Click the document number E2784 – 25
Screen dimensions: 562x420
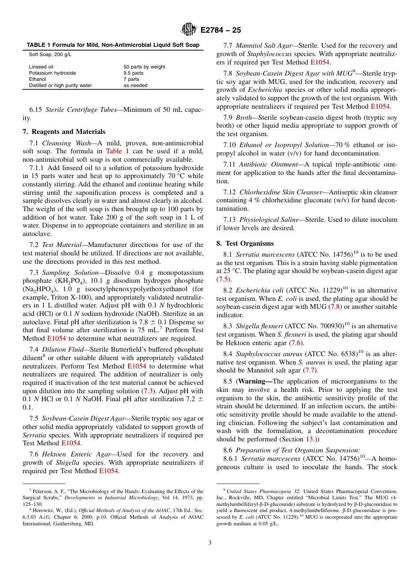tap(221, 30)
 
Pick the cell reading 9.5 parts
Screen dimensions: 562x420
tap(134, 73)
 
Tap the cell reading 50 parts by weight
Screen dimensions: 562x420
tap(144, 67)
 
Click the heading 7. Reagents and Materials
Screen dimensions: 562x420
tap(64, 132)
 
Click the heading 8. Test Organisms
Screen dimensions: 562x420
tap(245, 243)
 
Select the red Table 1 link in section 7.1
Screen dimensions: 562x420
tap(117, 151)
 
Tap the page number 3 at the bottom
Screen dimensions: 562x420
tap(210, 543)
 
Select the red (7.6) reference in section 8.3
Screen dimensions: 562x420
tap(296, 342)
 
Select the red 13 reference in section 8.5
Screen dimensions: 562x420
tap(310, 439)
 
